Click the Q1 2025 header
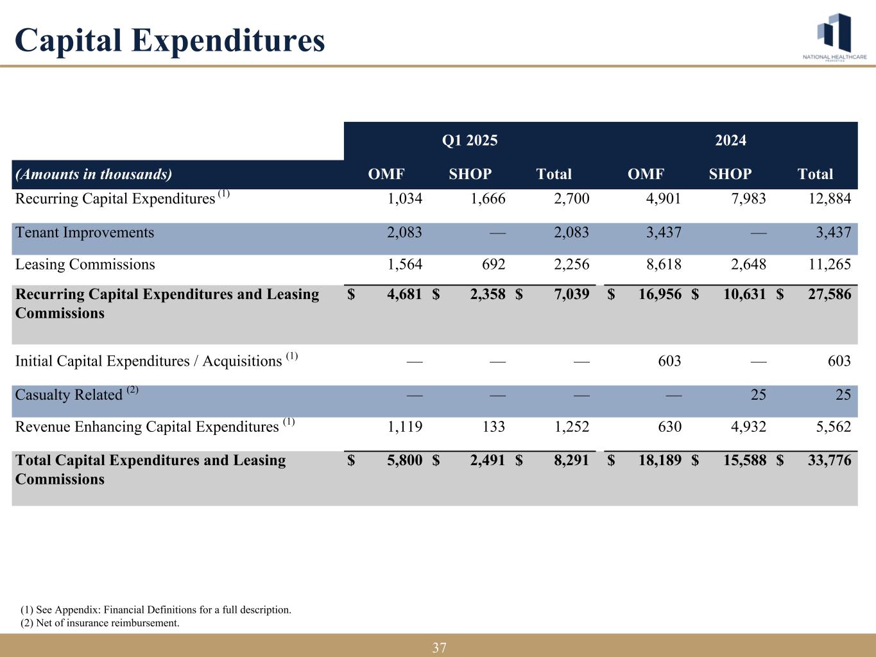click(x=470, y=141)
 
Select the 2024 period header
click(x=730, y=141)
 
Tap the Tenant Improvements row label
click(x=85, y=232)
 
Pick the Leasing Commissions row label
click(x=85, y=264)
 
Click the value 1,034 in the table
click(x=405, y=199)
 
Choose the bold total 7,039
click(x=571, y=294)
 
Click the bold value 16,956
click(x=660, y=294)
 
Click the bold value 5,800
click(x=405, y=460)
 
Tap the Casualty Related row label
click(x=69, y=395)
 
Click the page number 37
click(x=439, y=648)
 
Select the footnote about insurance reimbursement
click(x=100, y=623)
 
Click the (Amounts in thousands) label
click(x=94, y=174)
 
